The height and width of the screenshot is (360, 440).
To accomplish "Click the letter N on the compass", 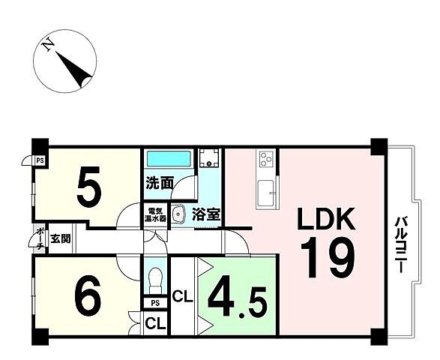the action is (x=48, y=45).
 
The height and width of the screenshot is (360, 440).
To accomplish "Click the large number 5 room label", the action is (x=89, y=187).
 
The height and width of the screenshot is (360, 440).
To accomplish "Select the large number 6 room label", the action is (x=88, y=295).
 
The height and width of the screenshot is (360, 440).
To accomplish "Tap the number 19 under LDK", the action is (x=328, y=257).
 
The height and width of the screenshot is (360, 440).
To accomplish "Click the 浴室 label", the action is (x=206, y=214).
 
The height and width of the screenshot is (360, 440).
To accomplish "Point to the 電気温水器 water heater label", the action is (x=155, y=214).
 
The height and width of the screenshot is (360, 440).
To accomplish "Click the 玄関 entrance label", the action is (x=60, y=239).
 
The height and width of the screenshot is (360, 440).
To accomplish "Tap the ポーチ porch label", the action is (x=41, y=239).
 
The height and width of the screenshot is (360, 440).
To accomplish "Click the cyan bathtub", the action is (x=169, y=158).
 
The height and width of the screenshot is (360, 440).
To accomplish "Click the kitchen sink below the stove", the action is (x=266, y=193).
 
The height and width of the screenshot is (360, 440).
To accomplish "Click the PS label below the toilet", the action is (x=155, y=303).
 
